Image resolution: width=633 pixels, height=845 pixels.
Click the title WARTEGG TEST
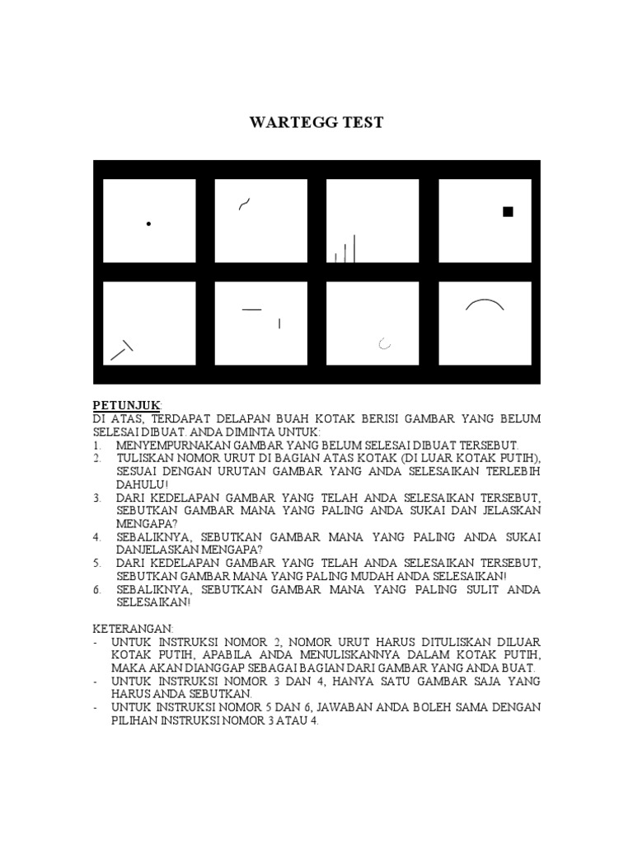pyautogui.click(x=316, y=123)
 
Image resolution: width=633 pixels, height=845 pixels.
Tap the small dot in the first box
pyautogui.click(x=148, y=224)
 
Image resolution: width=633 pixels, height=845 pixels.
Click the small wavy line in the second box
pyautogui.click(x=245, y=203)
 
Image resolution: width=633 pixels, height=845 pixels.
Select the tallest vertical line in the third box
pyautogui.click(x=354, y=248)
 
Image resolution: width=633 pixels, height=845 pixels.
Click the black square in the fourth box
pyautogui.click(x=508, y=212)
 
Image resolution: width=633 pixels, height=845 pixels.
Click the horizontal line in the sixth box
pyautogui.click(x=251, y=309)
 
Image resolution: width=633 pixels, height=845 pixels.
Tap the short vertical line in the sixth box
pyautogui.click(x=279, y=323)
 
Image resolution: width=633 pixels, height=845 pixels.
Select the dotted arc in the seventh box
pyautogui.click(x=383, y=343)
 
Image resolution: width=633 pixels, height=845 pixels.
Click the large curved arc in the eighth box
pyautogui.click(x=485, y=304)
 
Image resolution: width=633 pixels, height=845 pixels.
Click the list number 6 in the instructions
pyautogui.click(x=96, y=589)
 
